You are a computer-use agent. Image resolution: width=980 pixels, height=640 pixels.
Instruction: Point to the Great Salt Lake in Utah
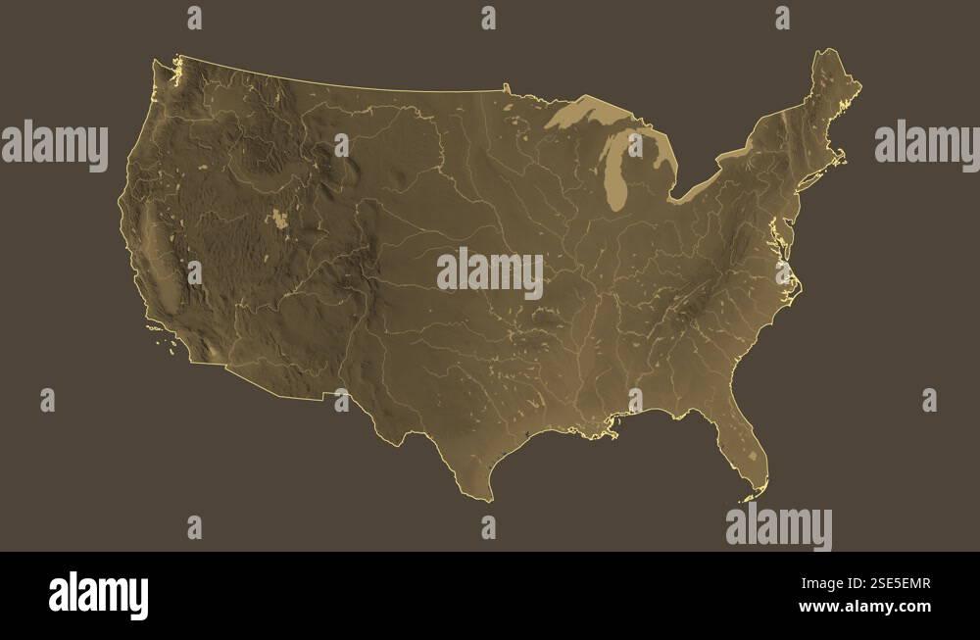point(281,218)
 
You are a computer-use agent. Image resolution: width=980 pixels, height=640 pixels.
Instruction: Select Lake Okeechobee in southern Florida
point(753,455)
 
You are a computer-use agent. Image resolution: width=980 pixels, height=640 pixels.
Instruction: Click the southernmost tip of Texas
point(489,499)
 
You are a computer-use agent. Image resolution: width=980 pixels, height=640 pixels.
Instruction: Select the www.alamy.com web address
point(864,607)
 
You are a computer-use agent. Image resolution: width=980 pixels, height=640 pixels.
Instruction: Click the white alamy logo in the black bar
point(98,595)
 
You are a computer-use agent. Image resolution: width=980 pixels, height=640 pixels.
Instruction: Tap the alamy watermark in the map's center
point(490,272)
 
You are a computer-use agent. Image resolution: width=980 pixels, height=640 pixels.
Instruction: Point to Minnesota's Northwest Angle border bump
point(506,88)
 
